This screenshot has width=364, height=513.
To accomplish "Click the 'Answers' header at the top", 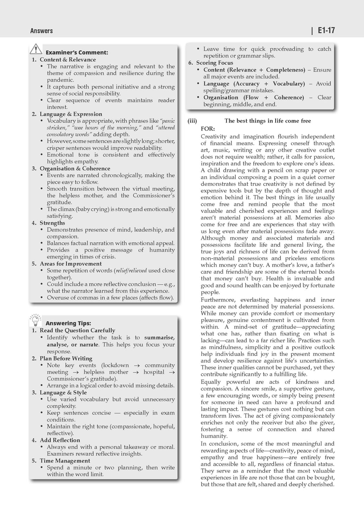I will point(42,31).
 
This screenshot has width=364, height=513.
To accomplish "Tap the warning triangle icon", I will point(36,49).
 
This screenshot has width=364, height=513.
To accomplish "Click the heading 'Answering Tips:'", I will point(68,323).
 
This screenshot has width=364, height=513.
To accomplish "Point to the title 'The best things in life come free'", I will point(268,121).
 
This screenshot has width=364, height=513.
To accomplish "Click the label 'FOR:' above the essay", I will point(208,129).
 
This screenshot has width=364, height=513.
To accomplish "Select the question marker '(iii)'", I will point(192,121).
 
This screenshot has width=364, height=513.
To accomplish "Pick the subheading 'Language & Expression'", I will point(71,114).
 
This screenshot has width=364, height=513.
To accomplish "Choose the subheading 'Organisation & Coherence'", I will point(75,169).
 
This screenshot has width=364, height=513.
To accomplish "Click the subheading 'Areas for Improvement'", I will point(70,264).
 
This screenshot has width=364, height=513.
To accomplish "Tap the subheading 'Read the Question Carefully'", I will point(77,330).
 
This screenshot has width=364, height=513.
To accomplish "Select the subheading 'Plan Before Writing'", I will point(66,358).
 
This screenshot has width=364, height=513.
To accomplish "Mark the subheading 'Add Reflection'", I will point(60,440).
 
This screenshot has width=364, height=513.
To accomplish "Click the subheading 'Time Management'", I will point(65,461).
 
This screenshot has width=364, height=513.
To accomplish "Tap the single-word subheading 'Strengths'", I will point(52,223).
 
